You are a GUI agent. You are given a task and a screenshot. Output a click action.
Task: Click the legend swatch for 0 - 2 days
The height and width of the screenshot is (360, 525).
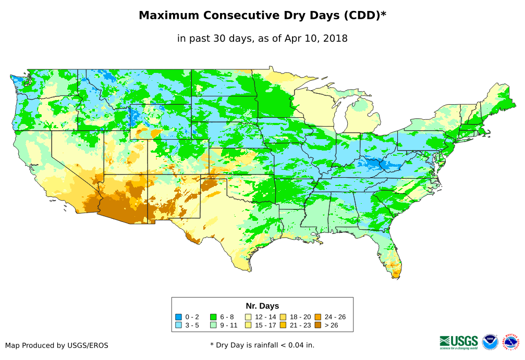(179, 317)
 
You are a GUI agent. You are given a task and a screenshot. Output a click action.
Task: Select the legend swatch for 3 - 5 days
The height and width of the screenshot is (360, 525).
(179, 325)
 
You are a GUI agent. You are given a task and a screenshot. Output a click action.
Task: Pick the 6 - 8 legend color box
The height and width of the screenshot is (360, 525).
(213, 317)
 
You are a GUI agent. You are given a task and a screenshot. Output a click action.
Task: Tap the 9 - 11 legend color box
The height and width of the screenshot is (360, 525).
(213, 325)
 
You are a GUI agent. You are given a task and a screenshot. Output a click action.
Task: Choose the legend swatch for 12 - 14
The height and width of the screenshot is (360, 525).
(248, 317)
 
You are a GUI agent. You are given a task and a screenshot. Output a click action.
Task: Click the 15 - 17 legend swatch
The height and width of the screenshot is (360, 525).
(248, 325)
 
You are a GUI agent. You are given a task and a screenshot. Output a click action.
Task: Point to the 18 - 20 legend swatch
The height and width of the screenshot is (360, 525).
(283, 317)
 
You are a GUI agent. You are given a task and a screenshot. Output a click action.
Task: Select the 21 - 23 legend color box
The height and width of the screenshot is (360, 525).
(283, 325)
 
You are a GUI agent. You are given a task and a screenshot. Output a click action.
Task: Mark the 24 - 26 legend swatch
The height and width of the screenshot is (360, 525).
(318, 317)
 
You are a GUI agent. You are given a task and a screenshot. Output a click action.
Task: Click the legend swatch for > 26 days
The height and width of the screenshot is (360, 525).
(318, 325)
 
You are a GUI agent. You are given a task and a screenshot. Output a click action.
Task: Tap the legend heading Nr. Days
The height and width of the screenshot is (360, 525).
(262, 306)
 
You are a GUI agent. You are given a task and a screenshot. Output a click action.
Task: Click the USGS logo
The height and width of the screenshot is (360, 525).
(459, 342)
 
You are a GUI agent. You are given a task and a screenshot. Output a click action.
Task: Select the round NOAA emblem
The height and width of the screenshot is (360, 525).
(490, 342)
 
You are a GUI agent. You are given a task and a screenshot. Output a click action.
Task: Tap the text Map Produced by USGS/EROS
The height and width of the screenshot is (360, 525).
(57, 345)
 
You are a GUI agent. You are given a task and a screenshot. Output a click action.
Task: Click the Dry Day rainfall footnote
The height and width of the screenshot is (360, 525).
(262, 345)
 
